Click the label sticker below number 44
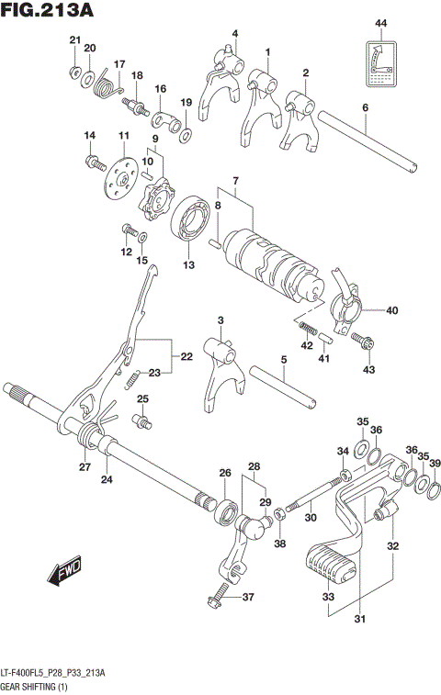(x=379, y=63)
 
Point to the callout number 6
(x=365, y=108)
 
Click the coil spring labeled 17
(x=107, y=88)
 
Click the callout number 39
(x=435, y=463)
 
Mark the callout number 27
(x=84, y=467)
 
